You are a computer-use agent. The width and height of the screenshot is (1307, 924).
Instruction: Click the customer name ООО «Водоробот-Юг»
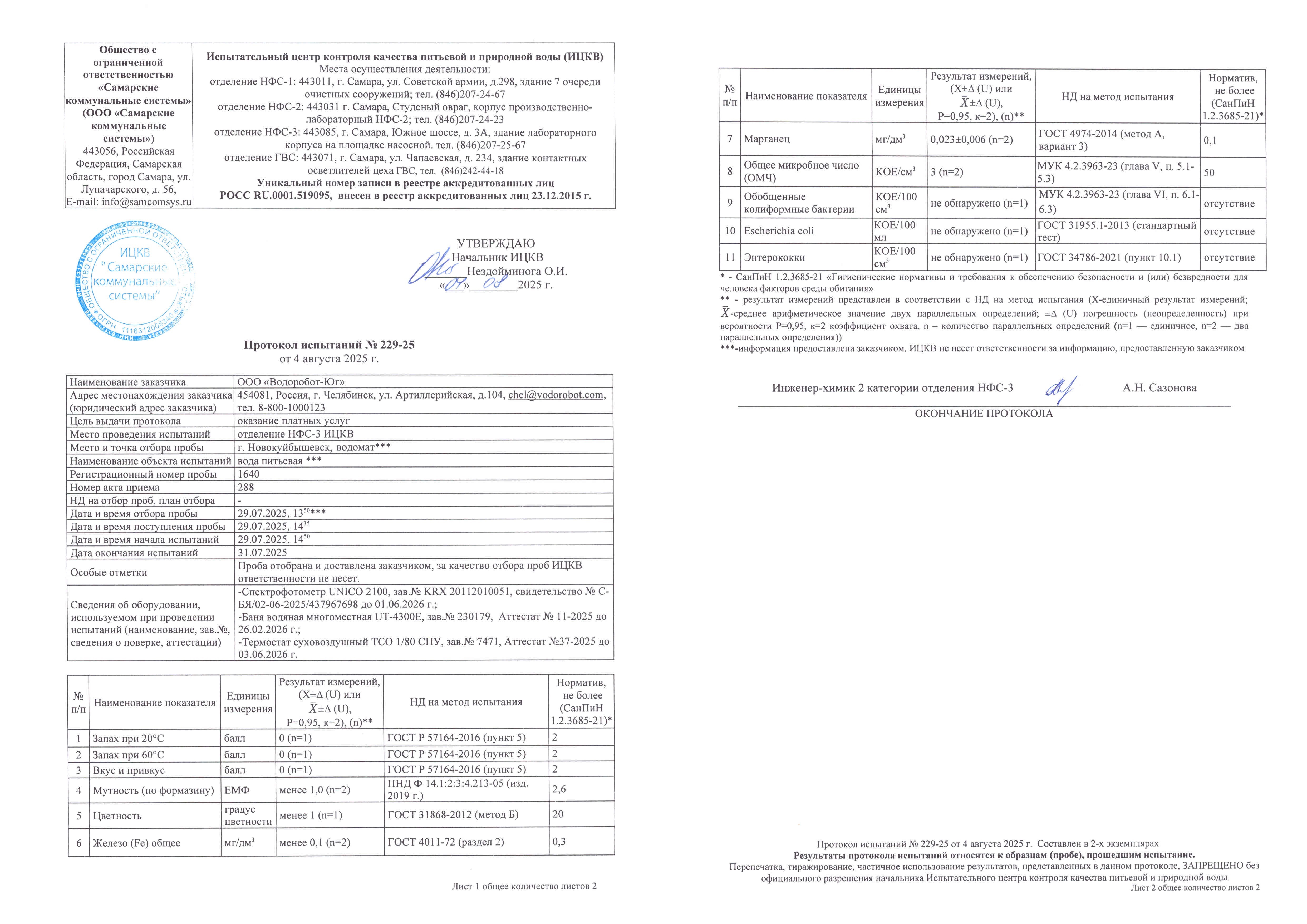tap(291, 382)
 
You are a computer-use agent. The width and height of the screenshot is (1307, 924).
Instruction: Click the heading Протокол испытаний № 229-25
tap(329, 345)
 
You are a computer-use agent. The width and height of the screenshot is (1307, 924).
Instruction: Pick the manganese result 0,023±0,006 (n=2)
tap(971, 140)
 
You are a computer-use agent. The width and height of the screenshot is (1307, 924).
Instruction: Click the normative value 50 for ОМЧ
tap(1209, 172)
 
